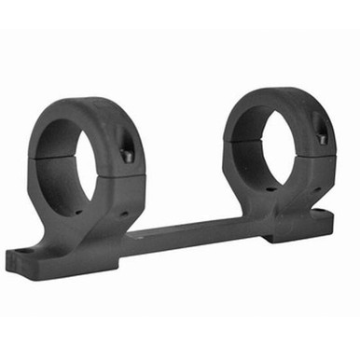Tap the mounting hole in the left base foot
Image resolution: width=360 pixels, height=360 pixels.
pos(21,252)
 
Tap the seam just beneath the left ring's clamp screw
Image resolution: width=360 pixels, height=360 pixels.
pos(124,170)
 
